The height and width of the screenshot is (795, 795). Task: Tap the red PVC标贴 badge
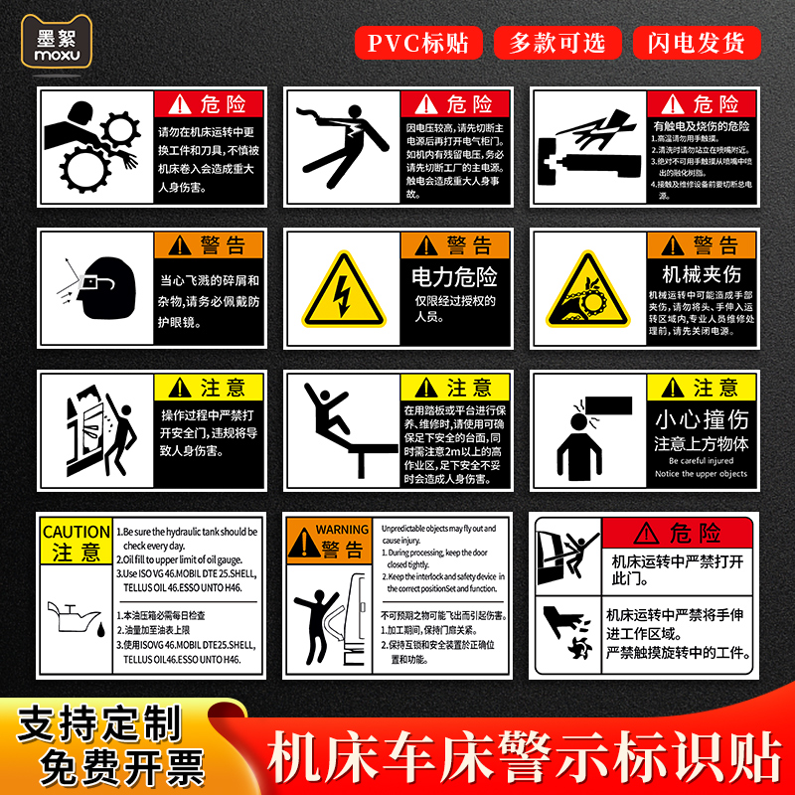click(418, 43)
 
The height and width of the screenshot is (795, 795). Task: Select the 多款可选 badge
click(557, 43)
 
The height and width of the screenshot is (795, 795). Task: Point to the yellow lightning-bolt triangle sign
click(342, 293)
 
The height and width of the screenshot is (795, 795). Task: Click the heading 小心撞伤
click(701, 418)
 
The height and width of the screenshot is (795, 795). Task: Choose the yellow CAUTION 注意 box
click(76, 543)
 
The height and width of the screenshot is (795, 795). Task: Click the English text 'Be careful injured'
click(701, 460)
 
